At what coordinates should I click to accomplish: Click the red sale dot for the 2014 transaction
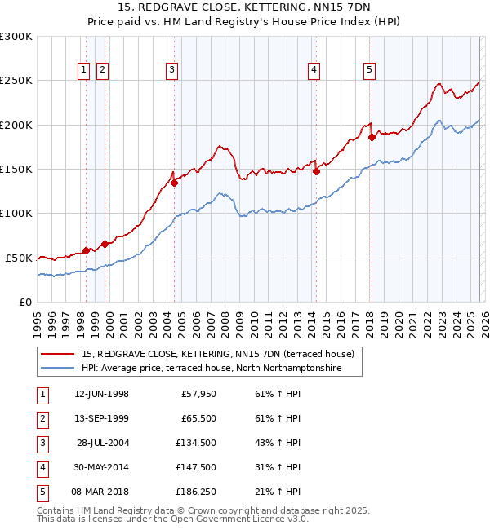tap(316, 171)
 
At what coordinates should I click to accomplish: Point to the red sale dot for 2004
tap(174, 183)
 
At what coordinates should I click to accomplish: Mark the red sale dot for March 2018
tap(372, 137)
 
